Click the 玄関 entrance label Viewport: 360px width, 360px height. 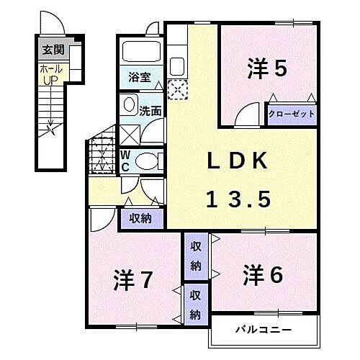[50, 50]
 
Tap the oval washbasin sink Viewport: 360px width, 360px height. [129, 105]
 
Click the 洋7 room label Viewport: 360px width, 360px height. [133, 279]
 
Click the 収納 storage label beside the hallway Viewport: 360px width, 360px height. [141, 219]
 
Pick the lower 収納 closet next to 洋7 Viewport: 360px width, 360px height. [195, 304]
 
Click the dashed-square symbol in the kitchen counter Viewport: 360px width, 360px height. [176, 89]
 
